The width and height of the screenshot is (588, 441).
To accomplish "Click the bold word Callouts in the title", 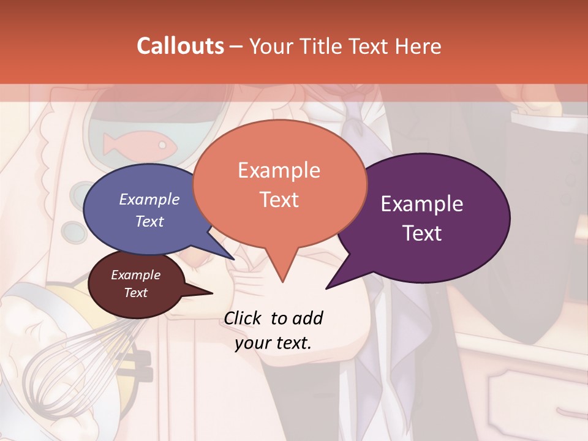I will pyautogui.click(x=180, y=46).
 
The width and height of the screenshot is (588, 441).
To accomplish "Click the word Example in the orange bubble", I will pyautogui.click(x=279, y=170).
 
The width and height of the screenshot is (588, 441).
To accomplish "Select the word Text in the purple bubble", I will pyautogui.click(x=423, y=233).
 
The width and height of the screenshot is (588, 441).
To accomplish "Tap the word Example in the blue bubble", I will pyautogui.click(x=149, y=199).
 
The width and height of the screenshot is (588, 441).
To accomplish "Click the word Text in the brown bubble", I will pyautogui.click(x=136, y=293).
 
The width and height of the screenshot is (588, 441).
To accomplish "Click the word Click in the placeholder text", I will pyautogui.click(x=244, y=318).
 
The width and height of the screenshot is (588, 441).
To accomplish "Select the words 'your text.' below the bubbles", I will pyautogui.click(x=273, y=343).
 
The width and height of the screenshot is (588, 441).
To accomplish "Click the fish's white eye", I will pyautogui.click(x=162, y=145).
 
